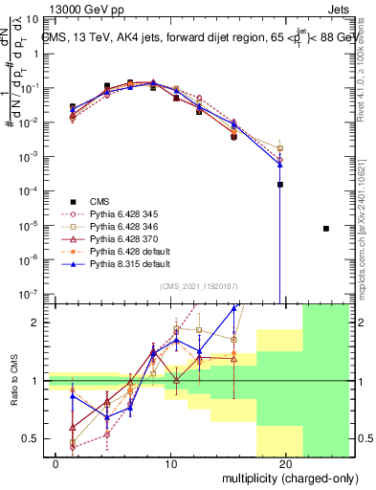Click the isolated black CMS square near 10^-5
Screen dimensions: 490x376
coord(326,229)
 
